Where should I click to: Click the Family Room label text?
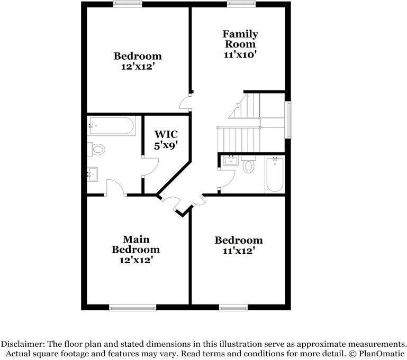[240, 39]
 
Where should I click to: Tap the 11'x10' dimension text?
[240, 54]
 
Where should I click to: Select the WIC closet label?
[165, 135]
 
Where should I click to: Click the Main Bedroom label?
[135, 244]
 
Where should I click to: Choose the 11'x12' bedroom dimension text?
[238, 251]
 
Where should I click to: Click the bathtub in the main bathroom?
[111, 126]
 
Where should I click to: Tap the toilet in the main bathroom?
[97, 150]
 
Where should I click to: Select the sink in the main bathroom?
[92, 173]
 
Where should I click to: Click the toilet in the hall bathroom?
[248, 166]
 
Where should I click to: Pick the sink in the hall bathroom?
[230, 161]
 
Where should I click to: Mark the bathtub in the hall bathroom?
[275, 174]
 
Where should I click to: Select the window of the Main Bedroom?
[132, 307]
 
